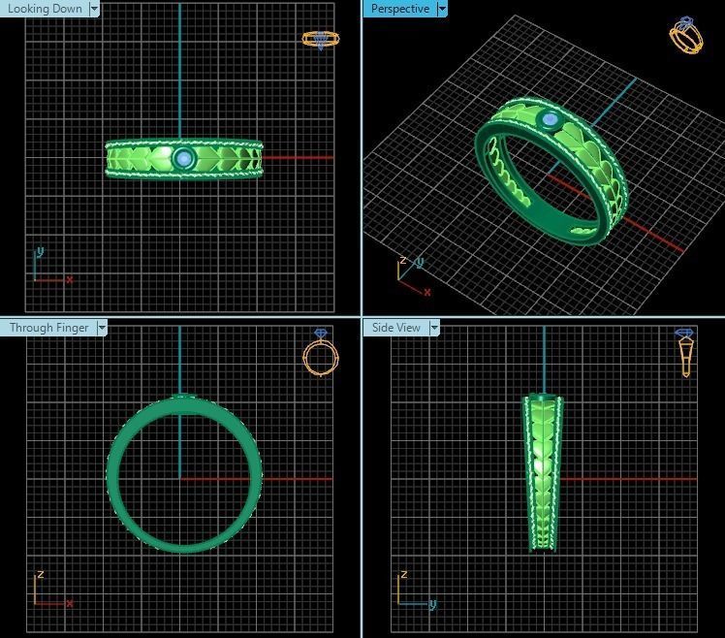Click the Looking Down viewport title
pyautogui.click(x=45, y=9)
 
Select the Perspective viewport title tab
pyautogui.click(x=399, y=9)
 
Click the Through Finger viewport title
pyautogui.click(x=48, y=328)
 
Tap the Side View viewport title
pyautogui.click(x=396, y=328)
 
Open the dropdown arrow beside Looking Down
pyautogui.click(x=94, y=9)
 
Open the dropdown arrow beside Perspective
pyautogui.click(x=442, y=9)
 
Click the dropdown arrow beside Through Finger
pyautogui.click(x=101, y=328)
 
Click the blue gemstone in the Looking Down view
pyautogui.click(x=183, y=158)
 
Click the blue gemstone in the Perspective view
pyautogui.click(x=551, y=120)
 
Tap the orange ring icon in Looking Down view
pyautogui.click(x=320, y=40)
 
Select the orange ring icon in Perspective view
pyautogui.click(x=686, y=36)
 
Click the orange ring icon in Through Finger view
pyautogui.click(x=321, y=355)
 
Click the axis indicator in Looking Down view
pyautogui.click(x=48, y=269)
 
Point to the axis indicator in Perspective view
pyautogui.click(x=410, y=274)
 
